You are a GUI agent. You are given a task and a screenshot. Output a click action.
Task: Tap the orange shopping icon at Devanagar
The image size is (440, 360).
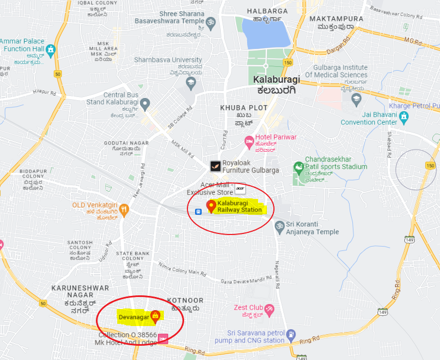tap(155, 316)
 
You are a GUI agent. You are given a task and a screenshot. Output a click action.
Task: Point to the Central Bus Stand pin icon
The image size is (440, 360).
tap(145, 102)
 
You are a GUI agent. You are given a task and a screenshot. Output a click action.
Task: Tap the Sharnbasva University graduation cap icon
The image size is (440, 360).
tap(191, 83)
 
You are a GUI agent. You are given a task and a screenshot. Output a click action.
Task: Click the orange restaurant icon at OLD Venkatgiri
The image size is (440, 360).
tap(125, 208)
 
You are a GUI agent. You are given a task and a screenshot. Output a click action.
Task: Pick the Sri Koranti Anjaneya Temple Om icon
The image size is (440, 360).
tap(278, 224)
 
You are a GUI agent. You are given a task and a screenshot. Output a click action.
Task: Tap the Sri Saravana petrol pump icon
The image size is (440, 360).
tap(291, 333)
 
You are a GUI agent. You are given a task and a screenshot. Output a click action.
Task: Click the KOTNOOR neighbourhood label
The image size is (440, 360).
tap(185, 301)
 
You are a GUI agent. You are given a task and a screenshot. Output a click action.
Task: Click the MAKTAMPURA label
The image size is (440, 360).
tap(335, 19)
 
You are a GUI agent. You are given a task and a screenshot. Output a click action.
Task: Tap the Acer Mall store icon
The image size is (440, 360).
tap(239, 189)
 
